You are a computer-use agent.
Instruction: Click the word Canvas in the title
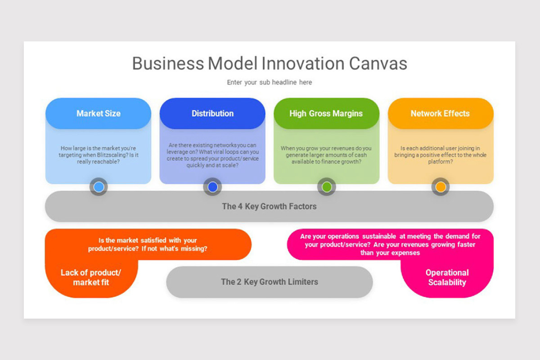point(378,63)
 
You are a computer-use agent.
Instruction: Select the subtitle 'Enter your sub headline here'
point(269,82)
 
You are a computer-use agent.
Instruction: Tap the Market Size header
point(98,113)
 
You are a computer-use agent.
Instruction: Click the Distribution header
point(212,113)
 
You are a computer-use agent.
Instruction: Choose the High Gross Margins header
point(326,113)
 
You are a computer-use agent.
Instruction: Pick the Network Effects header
point(440,113)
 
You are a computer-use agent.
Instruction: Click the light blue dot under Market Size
point(99,187)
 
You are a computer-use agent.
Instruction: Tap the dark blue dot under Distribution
point(212,187)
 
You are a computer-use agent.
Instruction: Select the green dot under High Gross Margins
point(327,187)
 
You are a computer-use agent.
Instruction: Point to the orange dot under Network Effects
point(441,187)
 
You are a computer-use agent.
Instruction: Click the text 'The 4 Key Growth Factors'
point(269,207)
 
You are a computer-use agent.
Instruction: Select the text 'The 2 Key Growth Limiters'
point(269,282)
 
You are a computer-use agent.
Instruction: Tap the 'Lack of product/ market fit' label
point(91,278)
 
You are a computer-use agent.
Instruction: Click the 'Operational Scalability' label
point(447,278)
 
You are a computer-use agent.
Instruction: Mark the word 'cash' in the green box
point(360,155)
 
